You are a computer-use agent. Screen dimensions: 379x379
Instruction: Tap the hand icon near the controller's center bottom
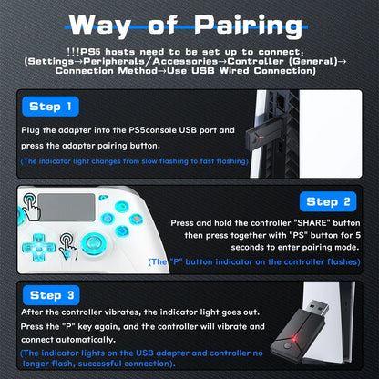click(68, 244)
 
